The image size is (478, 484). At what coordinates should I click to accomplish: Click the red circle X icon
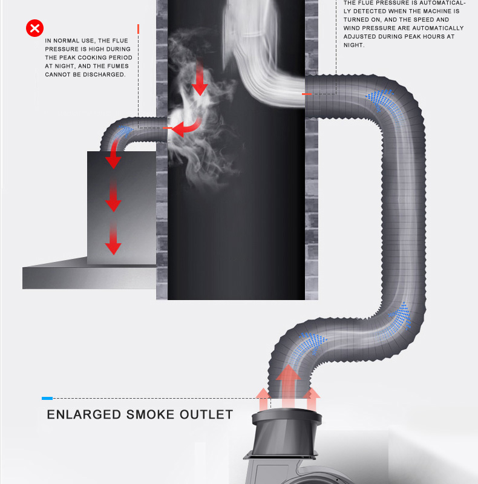click(x=35, y=28)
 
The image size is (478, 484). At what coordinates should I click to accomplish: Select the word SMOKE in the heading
click(x=149, y=415)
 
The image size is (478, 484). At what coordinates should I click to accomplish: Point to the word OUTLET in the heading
click(x=206, y=415)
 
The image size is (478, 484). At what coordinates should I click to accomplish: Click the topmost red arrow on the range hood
click(x=113, y=159)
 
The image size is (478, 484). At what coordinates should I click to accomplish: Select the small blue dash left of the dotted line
click(x=47, y=398)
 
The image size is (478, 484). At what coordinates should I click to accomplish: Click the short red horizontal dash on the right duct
click(x=307, y=94)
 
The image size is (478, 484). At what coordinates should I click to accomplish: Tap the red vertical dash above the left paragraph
click(x=139, y=28)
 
